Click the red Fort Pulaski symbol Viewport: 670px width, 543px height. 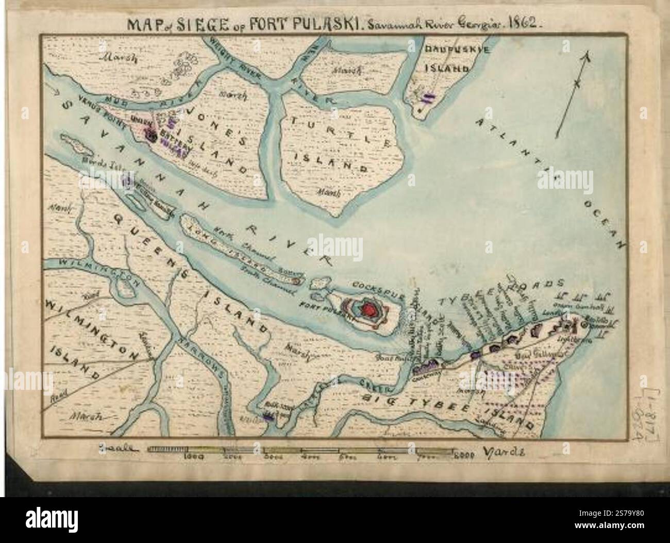[x=369, y=309]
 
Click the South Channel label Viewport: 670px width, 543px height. [x=268, y=281]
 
